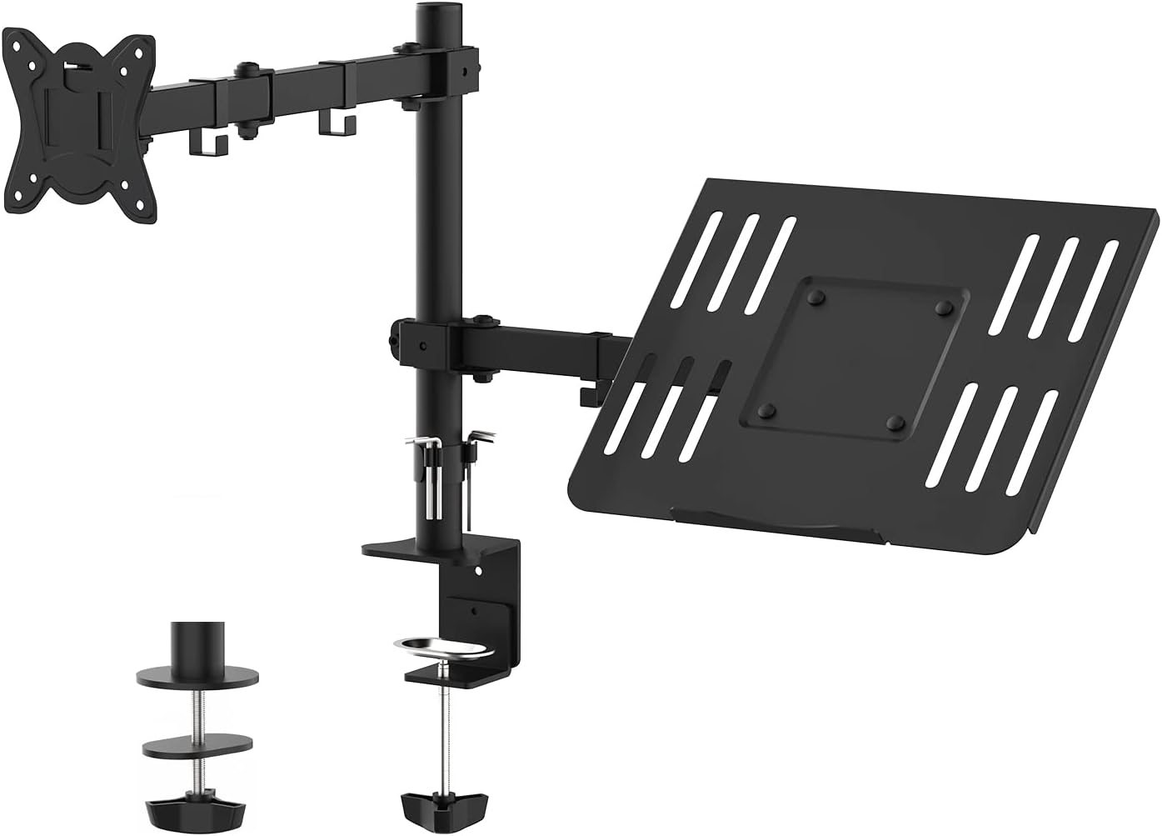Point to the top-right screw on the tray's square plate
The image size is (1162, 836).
coord(944,308)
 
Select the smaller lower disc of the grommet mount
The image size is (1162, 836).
coord(196,744)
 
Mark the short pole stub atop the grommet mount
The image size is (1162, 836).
coord(196,643)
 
